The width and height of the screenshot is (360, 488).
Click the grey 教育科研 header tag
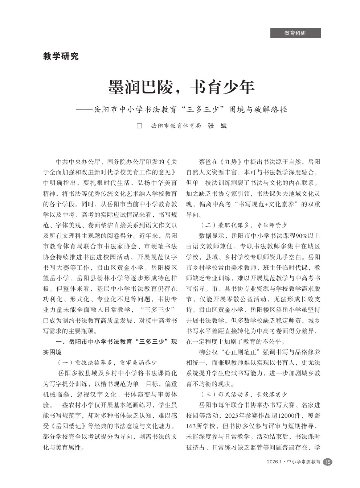[x=295, y=33]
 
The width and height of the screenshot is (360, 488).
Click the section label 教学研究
[x=61, y=56]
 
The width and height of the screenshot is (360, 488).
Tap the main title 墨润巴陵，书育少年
[x=182, y=87]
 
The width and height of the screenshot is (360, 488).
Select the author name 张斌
[x=217, y=126]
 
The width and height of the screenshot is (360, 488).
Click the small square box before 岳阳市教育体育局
[x=139, y=126]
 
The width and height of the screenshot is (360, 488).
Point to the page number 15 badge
[x=327, y=462]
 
